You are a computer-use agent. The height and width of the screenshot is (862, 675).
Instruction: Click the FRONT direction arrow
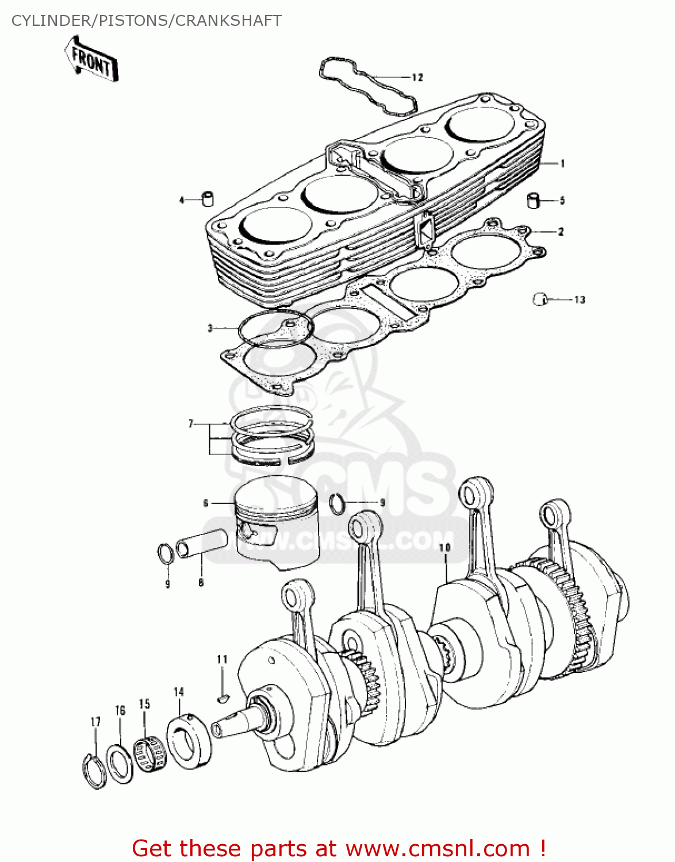pyautogui.click(x=92, y=59)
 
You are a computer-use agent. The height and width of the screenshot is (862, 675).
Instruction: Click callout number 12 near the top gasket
pyautogui.click(x=417, y=78)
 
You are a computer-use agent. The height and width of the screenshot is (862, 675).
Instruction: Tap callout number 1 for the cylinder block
pyautogui.click(x=562, y=164)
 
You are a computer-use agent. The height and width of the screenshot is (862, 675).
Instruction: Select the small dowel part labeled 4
pyautogui.click(x=208, y=199)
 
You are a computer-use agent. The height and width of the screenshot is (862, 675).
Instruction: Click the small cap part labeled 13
pyautogui.click(x=539, y=299)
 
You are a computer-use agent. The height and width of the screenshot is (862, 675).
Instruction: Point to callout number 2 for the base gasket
pyautogui.click(x=561, y=232)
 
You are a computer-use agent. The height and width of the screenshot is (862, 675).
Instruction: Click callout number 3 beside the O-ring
pyautogui.click(x=210, y=328)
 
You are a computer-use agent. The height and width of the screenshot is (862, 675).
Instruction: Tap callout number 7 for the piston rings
pyautogui.click(x=191, y=424)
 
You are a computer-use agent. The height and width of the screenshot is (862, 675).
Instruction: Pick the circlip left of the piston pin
pyautogui.click(x=166, y=555)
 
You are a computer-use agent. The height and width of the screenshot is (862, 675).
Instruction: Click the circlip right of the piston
pyautogui.click(x=337, y=503)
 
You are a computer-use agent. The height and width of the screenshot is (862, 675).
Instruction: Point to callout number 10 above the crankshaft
pyautogui.click(x=444, y=548)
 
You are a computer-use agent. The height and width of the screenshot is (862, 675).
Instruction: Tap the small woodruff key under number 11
pyautogui.click(x=223, y=698)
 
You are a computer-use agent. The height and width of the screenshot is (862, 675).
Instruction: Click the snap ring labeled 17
pyautogui.click(x=94, y=771)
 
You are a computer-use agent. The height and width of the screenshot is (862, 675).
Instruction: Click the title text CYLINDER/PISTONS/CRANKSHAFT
pyautogui.click(x=147, y=21)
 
